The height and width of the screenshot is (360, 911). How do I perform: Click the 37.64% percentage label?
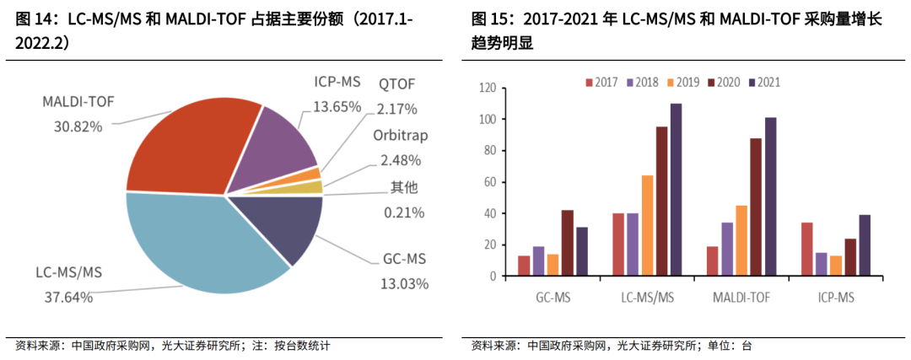point(68,296)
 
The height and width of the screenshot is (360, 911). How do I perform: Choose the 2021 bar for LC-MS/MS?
point(676,190)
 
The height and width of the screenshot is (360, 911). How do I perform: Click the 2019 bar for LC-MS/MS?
point(647,225)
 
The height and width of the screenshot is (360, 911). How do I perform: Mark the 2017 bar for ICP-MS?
point(806,249)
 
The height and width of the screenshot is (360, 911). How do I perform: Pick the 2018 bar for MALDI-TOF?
point(727,249)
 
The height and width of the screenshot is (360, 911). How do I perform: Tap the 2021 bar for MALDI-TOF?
point(770,196)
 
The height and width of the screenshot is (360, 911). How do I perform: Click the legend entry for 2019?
point(682,82)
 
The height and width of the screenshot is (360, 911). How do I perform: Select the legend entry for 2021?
point(763,82)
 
